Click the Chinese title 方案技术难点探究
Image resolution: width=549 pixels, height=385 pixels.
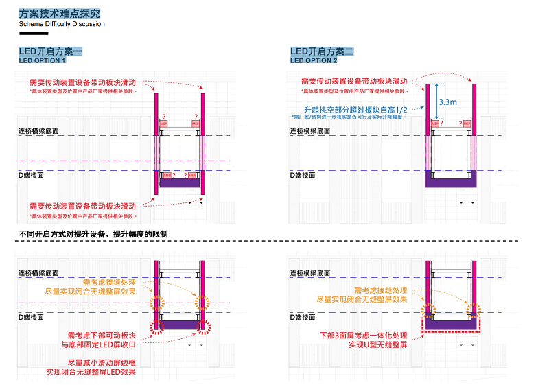(60, 12)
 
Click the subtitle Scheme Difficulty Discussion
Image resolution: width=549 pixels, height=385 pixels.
(62, 24)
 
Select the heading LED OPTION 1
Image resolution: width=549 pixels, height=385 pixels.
(47, 61)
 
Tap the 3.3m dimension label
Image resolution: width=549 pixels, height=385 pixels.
(447, 102)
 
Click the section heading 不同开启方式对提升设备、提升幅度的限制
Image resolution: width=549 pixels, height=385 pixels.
(93, 235)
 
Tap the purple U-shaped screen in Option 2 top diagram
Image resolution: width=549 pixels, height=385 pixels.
(449, 181)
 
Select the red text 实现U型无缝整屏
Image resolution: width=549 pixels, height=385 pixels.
(374, 345)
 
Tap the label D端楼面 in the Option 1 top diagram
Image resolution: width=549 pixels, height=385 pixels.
(32, 176)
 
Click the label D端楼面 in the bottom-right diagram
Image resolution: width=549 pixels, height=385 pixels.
(302, 318)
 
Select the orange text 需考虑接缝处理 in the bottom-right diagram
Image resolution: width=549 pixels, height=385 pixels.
(380, 290)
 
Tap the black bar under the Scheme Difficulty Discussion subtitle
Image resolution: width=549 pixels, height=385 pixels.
(34, 33)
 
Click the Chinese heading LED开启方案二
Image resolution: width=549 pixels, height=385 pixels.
(323, 51)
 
